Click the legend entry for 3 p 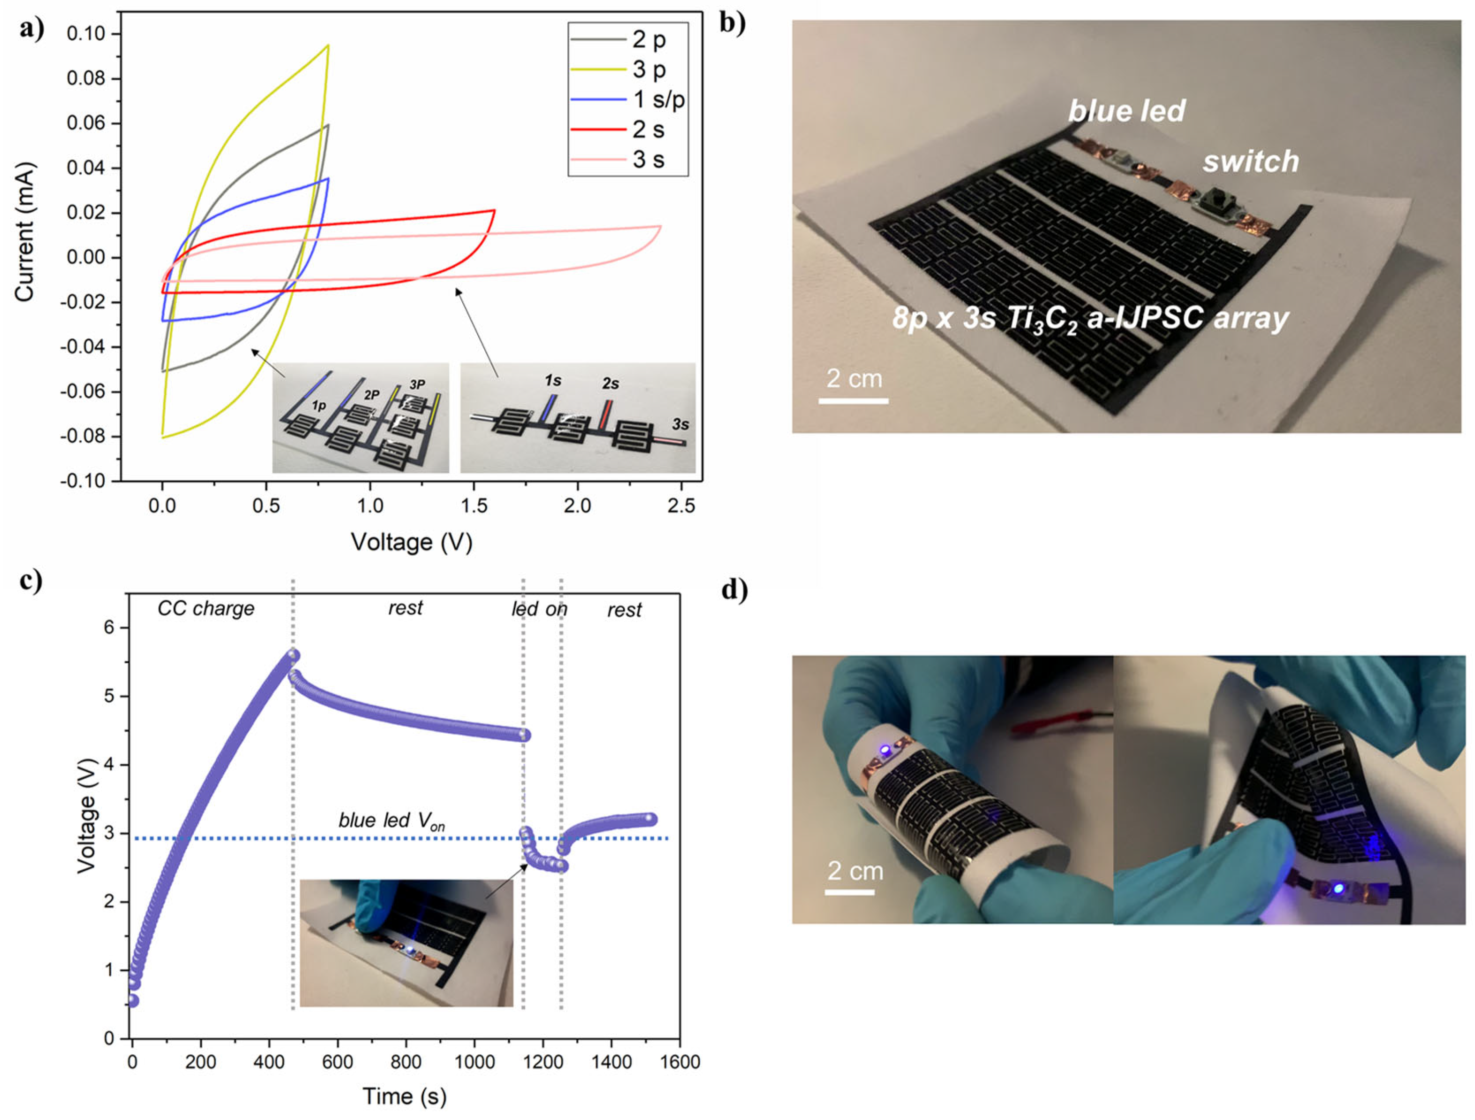[x=648, y=69]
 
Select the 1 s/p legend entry [x=658, y=100]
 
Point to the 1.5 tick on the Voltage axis [x=474, y=506]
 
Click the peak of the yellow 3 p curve [x=328, y=46]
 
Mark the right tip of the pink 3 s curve [x=660, y=226]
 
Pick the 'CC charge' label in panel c [x=206, y=608]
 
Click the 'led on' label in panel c [x=539, y=609]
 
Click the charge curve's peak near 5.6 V [x=293, y=654]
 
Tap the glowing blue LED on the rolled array [x=886, y=751]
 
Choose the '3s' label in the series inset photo [x=680, y=424]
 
